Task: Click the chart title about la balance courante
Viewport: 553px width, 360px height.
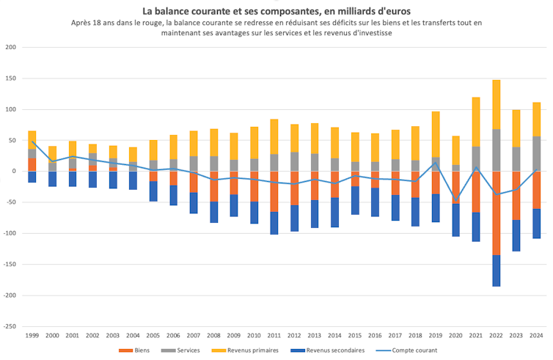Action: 276,10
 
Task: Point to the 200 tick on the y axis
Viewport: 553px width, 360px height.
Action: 10,48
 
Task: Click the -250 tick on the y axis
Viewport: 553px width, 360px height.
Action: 9,326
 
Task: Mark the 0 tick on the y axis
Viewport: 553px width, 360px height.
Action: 14,172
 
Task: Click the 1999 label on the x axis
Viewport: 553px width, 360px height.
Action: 32,336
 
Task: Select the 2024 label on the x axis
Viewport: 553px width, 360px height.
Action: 537,336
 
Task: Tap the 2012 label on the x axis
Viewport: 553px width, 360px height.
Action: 294,336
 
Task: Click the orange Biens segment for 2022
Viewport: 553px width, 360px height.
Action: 497,213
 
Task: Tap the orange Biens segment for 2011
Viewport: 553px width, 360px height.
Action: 274,191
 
